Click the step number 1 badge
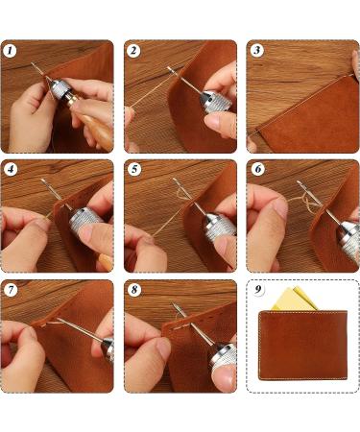click(11, 51)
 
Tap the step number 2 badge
click(133, 51)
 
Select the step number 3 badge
click(256, 51)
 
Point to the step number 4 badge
click(11, 169)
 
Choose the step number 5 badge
click(133, 169)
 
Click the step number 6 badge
click(257, 169)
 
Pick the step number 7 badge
click(11, 290)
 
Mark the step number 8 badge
click(133, 290)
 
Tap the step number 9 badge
click(257, 289)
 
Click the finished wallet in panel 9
click(302, 345)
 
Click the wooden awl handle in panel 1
click(94, 127)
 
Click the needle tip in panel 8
click(173, 303)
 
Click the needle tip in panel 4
click(42, 180)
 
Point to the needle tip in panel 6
click(299, 182)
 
